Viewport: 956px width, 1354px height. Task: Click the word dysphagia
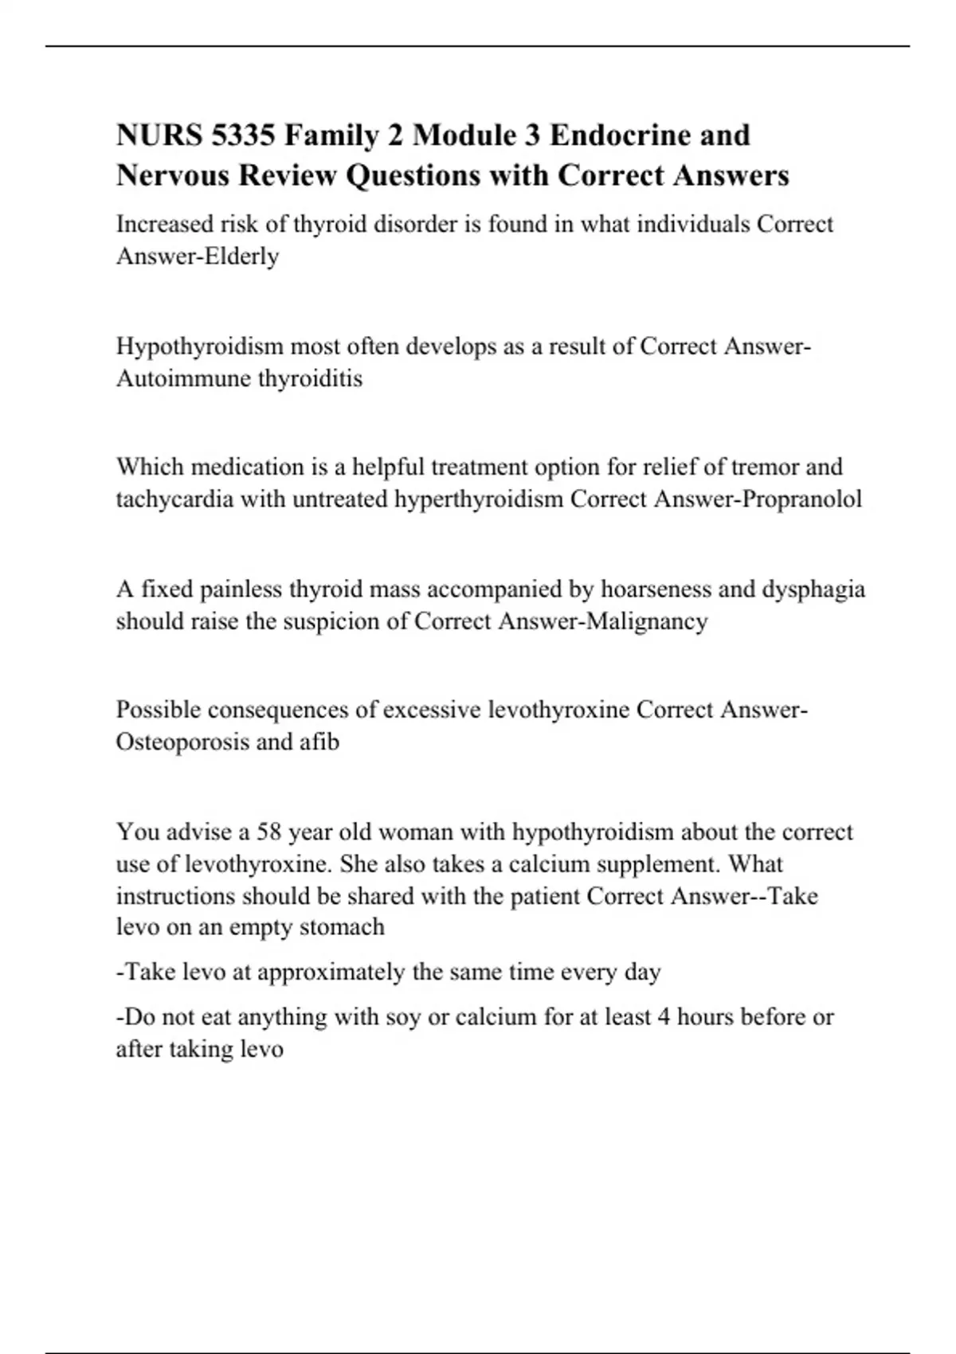coord(813,589)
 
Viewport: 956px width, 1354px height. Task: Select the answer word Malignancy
coord(646,621)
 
